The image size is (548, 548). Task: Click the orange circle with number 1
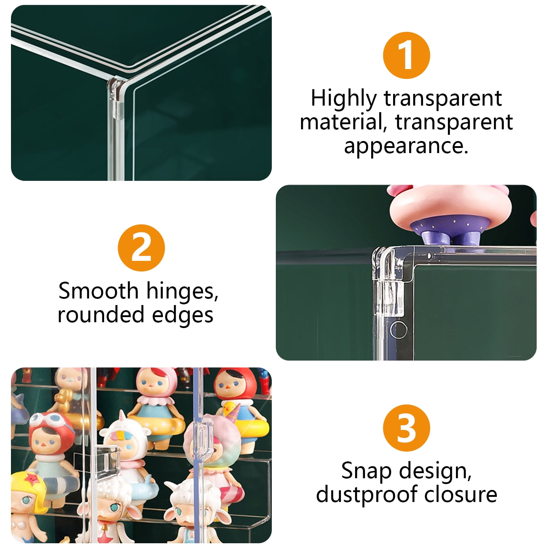tap(406, 56)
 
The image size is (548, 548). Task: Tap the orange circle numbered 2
tap(141, 248)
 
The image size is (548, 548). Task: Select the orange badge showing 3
tap(406, 428)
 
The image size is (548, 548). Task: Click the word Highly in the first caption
tap(343, 99)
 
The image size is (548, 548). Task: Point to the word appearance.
tap(406, 146)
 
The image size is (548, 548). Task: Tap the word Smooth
tap(98, 291)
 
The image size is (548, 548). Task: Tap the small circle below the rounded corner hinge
tap(398, 330)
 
